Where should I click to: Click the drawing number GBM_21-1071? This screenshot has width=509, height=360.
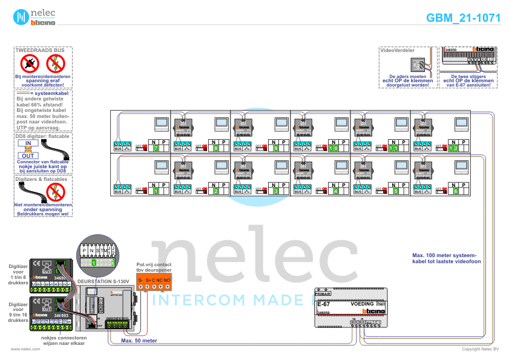coord(463,18)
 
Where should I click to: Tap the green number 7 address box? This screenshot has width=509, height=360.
coord(156,148)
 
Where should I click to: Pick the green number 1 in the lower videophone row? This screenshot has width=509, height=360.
coord(156,191)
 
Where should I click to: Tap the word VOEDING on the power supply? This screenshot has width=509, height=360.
coord(362,304)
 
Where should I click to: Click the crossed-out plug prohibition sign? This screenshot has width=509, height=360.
coord(30,62)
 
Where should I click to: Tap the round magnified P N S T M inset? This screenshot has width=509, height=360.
coord(97,253)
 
